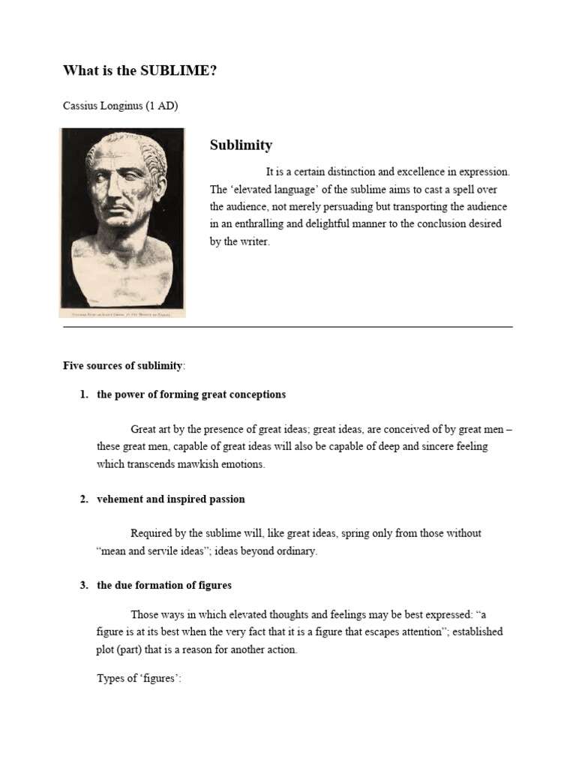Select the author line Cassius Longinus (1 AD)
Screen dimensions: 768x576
click(x=120, y=106)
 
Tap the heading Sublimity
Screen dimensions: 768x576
click(x=241, y=145)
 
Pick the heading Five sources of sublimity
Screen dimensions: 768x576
click(x=122, y=366)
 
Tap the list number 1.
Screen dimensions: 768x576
click(x=84, y=394)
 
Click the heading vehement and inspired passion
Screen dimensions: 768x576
click(x=171, y=499)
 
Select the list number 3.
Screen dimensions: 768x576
click(x=84, y=586)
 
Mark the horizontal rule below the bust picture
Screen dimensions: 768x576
click(x=287, y=327)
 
